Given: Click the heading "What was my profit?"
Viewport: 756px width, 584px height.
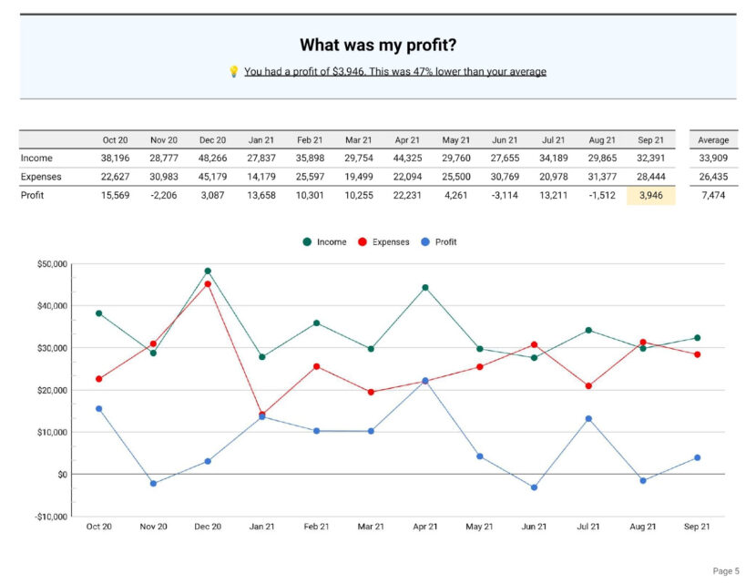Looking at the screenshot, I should [378, 45].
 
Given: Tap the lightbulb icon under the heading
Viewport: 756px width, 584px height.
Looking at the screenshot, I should [233, 71].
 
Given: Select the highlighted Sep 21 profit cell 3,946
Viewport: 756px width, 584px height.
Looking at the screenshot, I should [651, 195].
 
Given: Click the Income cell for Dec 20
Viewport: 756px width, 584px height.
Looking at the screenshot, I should [212, 158].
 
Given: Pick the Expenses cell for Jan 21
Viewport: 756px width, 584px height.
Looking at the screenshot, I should [261, 177].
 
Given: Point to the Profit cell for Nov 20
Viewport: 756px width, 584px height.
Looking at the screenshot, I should [164, 195].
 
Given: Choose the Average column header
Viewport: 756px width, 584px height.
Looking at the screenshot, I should [713, 140].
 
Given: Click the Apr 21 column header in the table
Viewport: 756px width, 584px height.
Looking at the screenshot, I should [407, 140].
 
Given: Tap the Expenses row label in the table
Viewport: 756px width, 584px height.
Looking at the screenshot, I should [41, 177].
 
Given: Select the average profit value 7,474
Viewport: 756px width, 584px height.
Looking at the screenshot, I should [713, 195].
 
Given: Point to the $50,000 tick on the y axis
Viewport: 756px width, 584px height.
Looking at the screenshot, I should [51, 264].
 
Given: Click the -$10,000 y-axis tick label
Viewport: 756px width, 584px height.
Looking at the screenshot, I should [50, 517].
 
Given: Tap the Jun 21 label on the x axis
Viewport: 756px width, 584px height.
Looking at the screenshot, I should [534, 527].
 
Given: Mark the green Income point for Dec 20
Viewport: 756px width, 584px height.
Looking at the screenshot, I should [208, 272].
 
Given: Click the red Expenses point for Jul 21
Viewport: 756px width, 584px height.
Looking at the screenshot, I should [588, 386].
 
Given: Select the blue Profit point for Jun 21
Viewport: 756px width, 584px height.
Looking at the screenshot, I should [534, 487].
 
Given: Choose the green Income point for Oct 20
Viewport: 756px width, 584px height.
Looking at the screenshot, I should [98, 313].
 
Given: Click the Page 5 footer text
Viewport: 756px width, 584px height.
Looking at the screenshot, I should [725, 571].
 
